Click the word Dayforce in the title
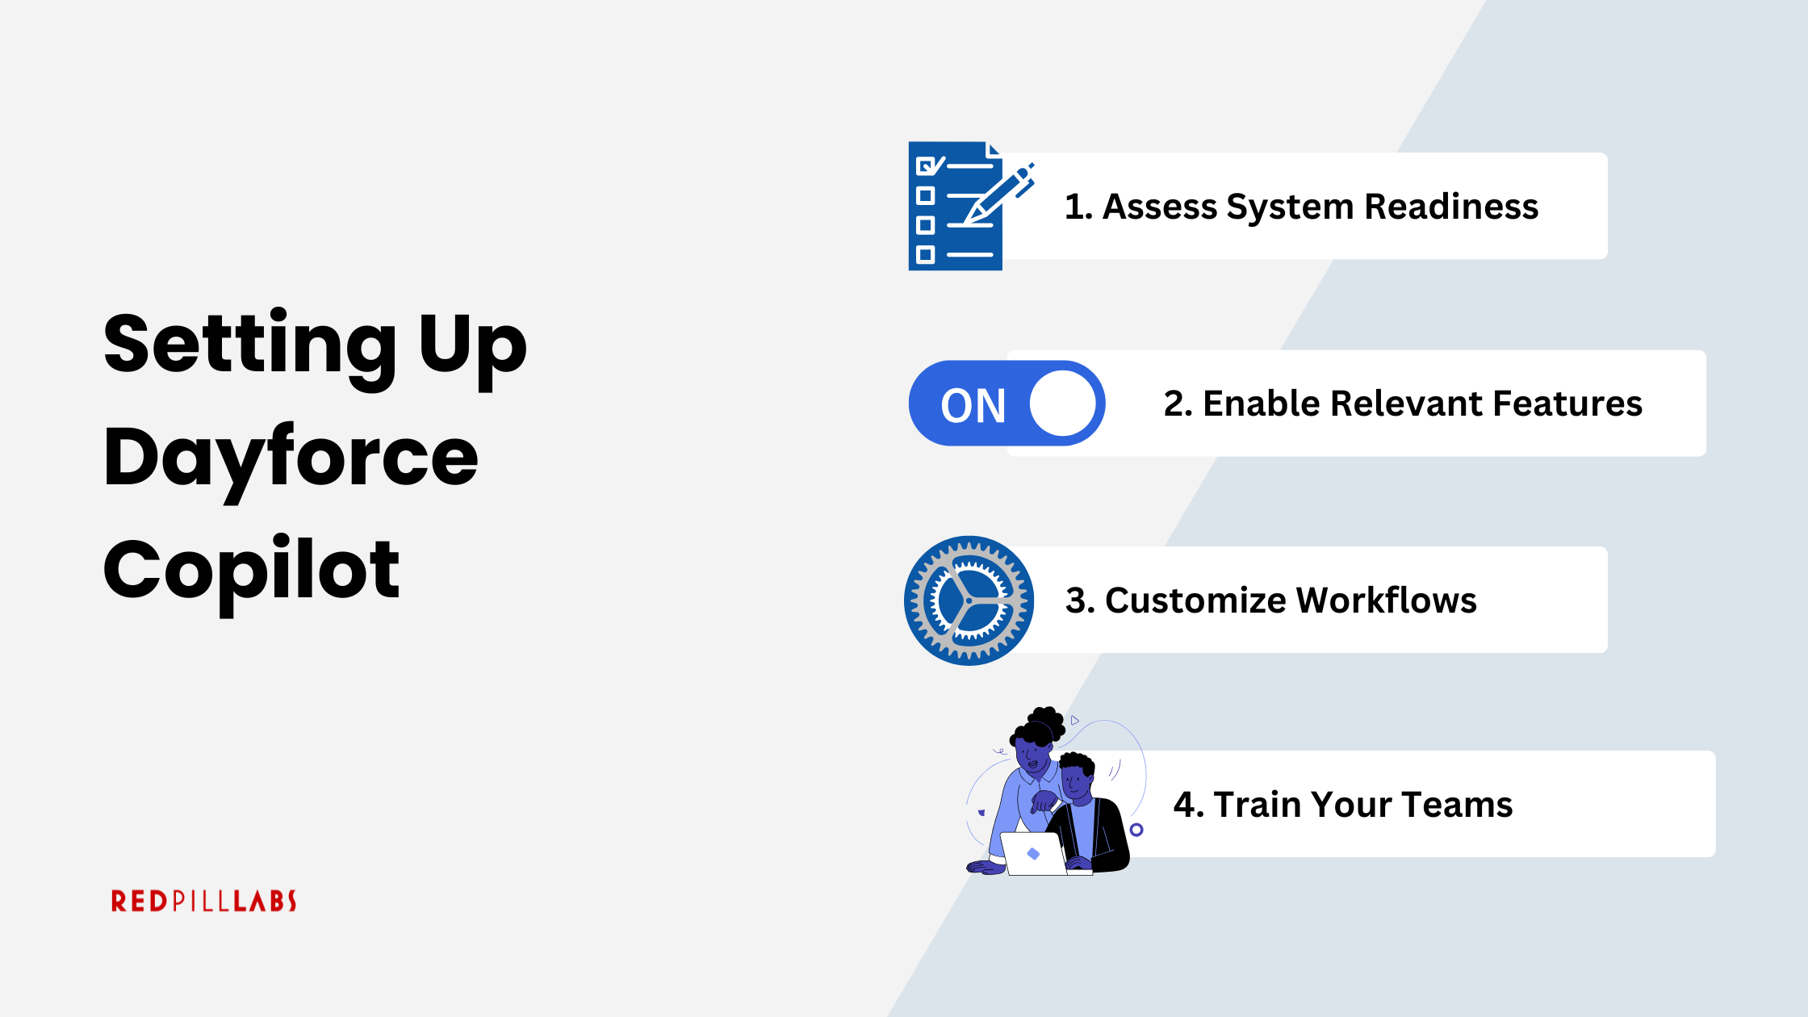coord(291,458)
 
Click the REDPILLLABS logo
coord(203,901)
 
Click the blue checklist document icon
coord(955,207)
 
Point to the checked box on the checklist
coord(926,166)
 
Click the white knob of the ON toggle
coord(1063,404)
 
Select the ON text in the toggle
coord(973,405)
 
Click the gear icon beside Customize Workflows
coord(969,601)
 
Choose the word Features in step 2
coord(1567,404)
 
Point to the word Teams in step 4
coord(1457,805)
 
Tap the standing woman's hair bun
coord(1047,721)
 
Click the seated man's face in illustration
coord(1075,781)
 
